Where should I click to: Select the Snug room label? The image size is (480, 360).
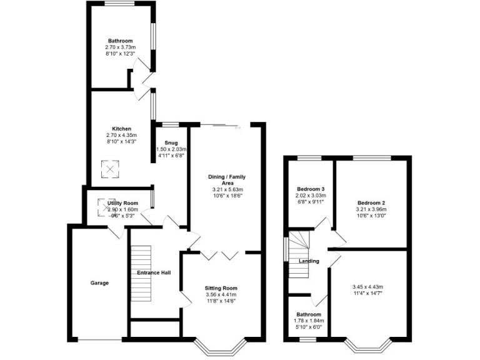171,143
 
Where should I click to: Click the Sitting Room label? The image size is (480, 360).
221,288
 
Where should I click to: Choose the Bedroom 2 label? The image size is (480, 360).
371,203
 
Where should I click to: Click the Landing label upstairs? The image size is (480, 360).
309,261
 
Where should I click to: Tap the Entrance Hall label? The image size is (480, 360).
154,272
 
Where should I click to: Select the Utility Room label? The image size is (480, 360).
122,203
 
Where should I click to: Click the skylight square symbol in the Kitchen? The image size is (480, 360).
110,169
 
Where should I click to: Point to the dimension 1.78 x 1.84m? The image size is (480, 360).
309,321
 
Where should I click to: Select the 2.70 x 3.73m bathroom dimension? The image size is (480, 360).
121,47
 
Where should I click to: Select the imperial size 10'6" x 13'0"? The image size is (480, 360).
371,216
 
